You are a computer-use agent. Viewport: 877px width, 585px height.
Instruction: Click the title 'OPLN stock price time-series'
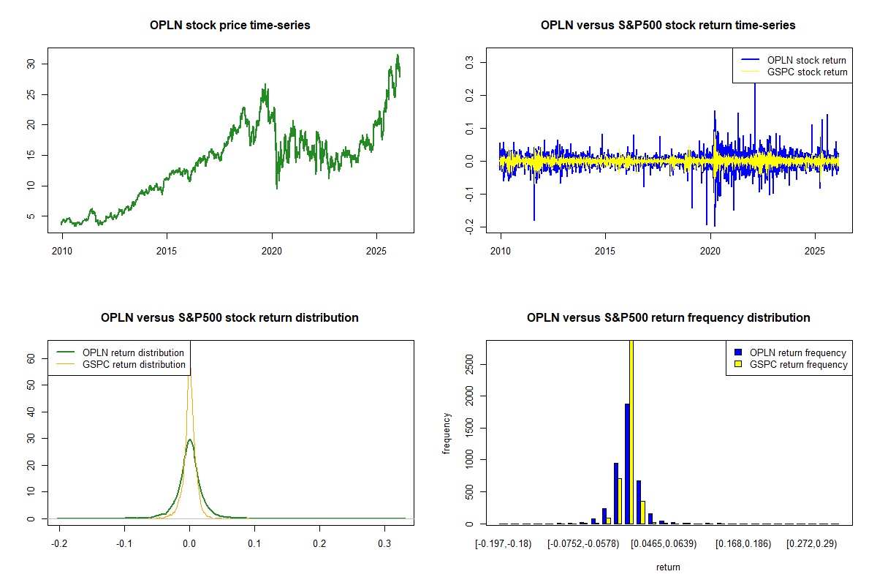[229, 26]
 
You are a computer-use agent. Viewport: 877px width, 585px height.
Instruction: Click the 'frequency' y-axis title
[447, 434]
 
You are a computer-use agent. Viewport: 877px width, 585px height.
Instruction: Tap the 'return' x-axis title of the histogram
[668, 567]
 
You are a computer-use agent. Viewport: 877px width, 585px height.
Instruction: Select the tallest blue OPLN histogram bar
[627, 464]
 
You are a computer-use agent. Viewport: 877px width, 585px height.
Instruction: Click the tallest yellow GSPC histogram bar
[631, 431]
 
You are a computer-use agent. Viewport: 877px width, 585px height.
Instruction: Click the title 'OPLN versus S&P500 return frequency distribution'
[668, 318]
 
